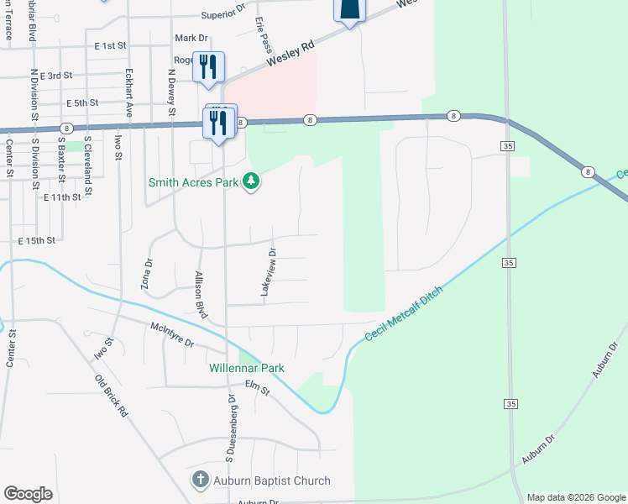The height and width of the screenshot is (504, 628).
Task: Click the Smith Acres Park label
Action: (x=193, y=181)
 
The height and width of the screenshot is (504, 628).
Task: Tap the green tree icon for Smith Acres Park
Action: (x=250, y=181)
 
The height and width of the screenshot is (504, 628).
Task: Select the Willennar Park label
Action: (x=247, y=368)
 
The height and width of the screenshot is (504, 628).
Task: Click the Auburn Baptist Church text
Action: (x=270, y=481)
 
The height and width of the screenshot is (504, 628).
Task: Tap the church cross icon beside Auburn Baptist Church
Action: (x=200, y=481)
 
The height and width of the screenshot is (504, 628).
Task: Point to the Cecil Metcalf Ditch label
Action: (x=404, y=312)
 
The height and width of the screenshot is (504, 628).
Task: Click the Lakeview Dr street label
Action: (x=267, y=271)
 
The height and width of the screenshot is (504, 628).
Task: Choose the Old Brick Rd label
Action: (x=111, y=402)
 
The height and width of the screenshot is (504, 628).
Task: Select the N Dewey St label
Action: (x=171, y=92)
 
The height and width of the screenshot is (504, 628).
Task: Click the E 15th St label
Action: (x=37, y=240)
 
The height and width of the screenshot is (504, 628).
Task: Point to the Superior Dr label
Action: (x=222, y=15)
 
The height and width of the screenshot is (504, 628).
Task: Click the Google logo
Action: (x=28, y=494)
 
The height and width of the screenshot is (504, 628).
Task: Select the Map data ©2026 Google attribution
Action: (x=575, y=497)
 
